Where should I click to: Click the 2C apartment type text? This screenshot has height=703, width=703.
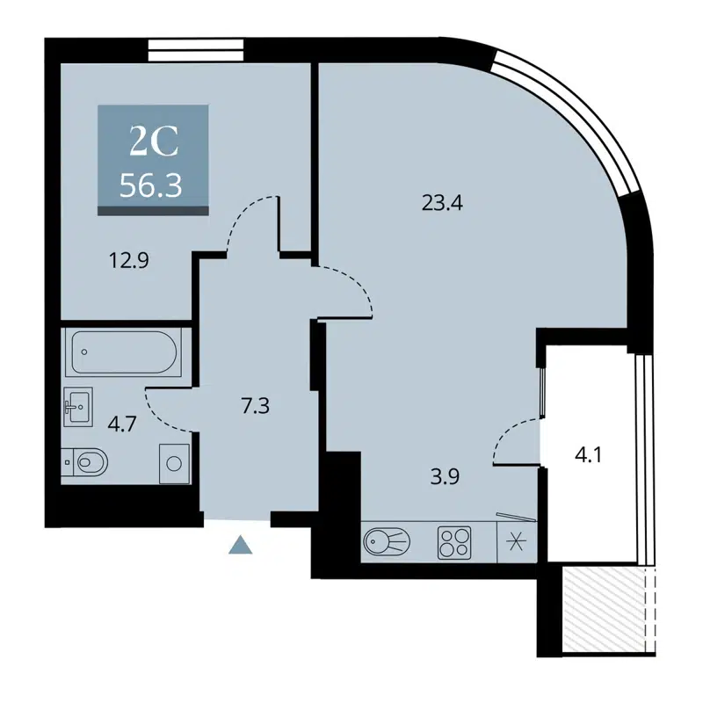(154, 140)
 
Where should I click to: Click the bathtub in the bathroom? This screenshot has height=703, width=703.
(122, 353)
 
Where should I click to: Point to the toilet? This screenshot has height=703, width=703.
(86, 460)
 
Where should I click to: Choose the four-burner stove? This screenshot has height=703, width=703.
(454, 540)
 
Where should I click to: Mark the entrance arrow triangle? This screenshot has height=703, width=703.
(240, 547)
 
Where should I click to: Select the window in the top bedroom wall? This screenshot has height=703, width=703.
(195, 51)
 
